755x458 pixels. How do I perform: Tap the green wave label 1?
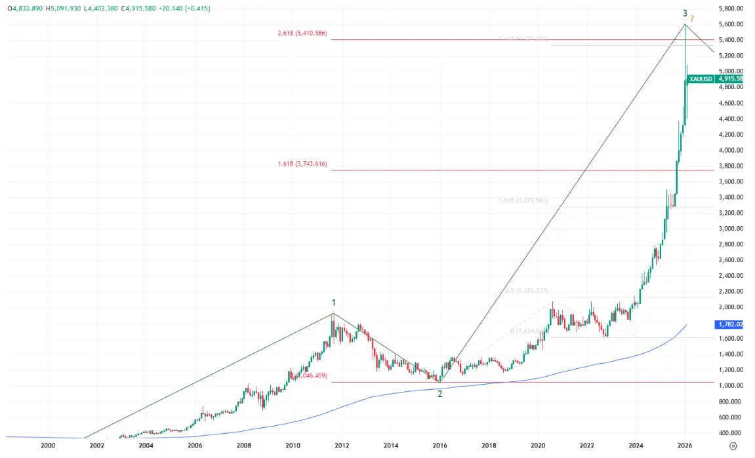click(334, 302)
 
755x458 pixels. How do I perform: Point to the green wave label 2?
click(440, 393)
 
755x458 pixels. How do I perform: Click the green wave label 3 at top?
click(685, 13)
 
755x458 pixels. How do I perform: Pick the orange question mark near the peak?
click(693, 18)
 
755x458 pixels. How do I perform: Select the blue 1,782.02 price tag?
click(731, 324)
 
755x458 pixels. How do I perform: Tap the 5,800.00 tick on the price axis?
click(730, 9)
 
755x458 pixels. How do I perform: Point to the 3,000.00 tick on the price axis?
click(730, 229)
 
